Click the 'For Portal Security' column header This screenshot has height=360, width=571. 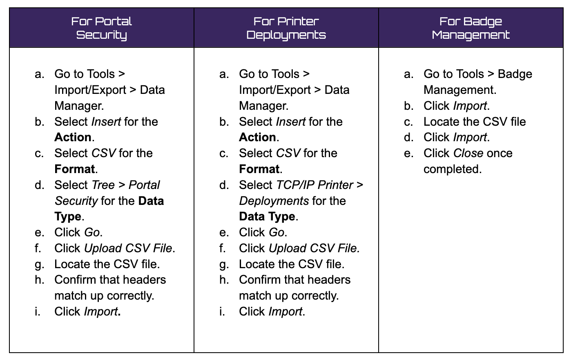point(101,28)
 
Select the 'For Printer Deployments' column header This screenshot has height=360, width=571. point(286,28)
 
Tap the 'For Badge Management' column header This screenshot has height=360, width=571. point(471,28)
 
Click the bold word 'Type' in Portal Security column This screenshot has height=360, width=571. point(68,216)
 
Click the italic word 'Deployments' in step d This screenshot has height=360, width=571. point(274,201)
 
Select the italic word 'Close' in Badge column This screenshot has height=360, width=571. point(468,153)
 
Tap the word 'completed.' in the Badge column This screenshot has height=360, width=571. point(453,169)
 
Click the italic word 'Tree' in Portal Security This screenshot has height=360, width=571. point(103,185)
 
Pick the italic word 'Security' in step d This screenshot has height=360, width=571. point(76,201)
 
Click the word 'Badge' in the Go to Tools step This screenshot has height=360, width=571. point(515,74)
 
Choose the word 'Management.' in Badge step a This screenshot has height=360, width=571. point(460,90)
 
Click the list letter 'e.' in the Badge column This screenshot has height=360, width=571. point(408,153)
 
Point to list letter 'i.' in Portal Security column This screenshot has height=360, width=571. point(38,311)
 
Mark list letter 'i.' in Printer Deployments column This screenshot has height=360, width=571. point(222,311)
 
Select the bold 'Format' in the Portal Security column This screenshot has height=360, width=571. point(75,169)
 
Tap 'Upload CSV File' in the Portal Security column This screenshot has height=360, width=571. point(128,248)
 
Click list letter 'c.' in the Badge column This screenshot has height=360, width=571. point(408,122)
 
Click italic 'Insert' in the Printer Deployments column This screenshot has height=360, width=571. point(291,122)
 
